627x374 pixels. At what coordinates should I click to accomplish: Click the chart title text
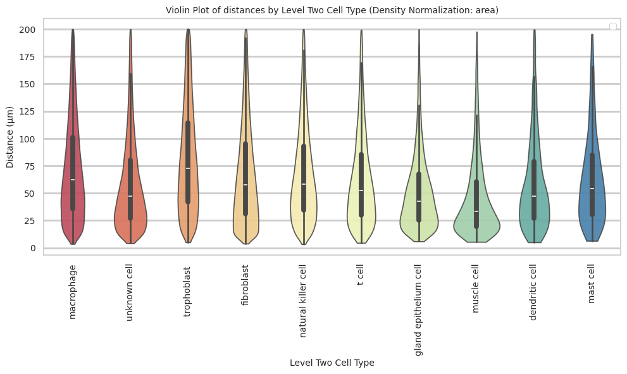(332, 10)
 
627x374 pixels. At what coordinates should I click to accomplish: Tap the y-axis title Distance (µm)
(10, 139)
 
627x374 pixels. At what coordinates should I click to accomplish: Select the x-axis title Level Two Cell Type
(332, 363)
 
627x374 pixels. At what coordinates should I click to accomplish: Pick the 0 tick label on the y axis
(32, 248)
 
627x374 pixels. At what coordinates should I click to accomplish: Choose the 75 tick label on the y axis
(30, 166)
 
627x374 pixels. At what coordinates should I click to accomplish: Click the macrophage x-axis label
(73, 292)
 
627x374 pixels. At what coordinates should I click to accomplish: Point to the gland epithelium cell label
(418, 310)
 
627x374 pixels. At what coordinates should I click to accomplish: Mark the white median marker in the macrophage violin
(73, 180)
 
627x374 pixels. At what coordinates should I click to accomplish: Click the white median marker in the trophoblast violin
(188, 168)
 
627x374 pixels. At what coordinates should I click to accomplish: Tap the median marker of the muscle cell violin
(476, 211)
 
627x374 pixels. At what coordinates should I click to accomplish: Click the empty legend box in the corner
(612, 26)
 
